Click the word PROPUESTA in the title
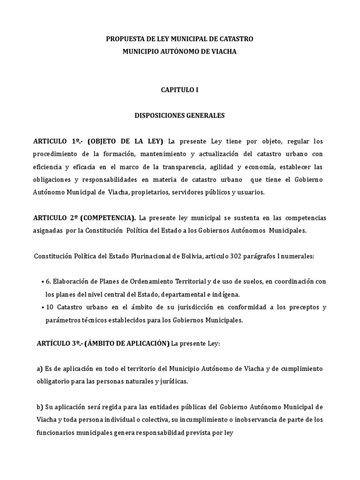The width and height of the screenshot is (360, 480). [124, 39]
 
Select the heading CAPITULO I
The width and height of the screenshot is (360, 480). [180, 90]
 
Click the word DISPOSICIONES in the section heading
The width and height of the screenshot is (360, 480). [159, 115]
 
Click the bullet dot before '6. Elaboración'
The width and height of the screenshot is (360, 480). [43, 282]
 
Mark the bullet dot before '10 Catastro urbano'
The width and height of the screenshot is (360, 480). [43, 307]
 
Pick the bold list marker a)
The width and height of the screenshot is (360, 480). [39, 369]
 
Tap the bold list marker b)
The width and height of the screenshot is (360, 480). [39, 406]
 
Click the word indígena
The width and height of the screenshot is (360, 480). [226, 295]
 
